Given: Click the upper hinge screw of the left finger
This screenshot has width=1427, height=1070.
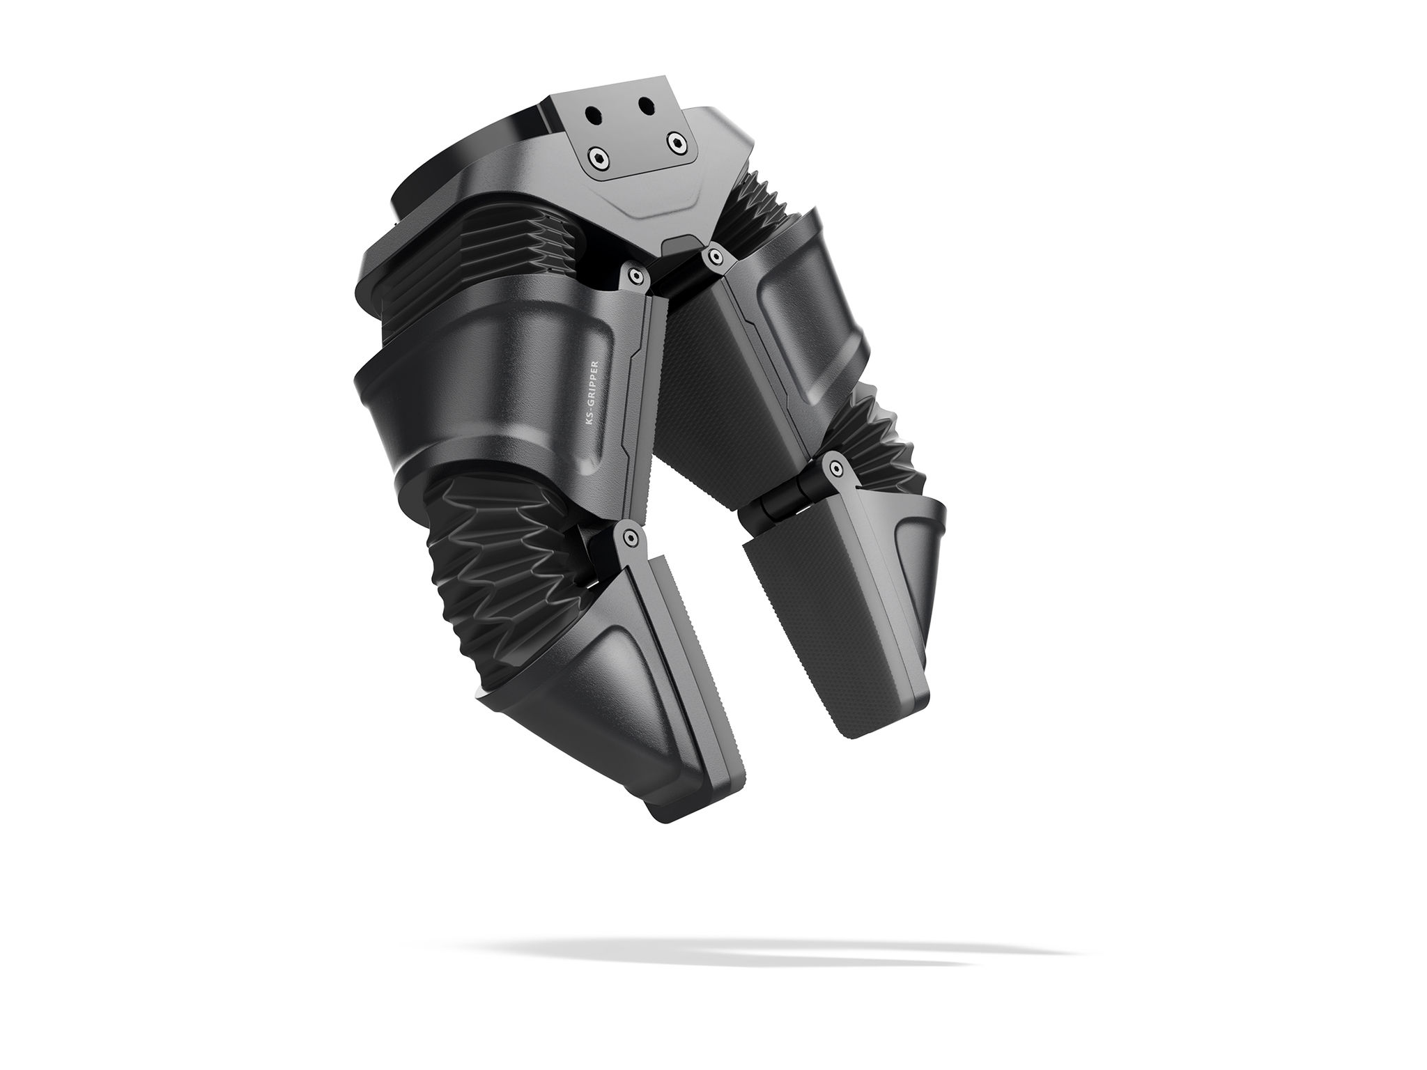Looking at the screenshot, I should [633, 277].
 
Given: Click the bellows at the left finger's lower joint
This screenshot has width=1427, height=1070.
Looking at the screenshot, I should [488, 557].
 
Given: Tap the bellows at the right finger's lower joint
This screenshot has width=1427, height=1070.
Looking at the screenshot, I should [864, 432].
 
